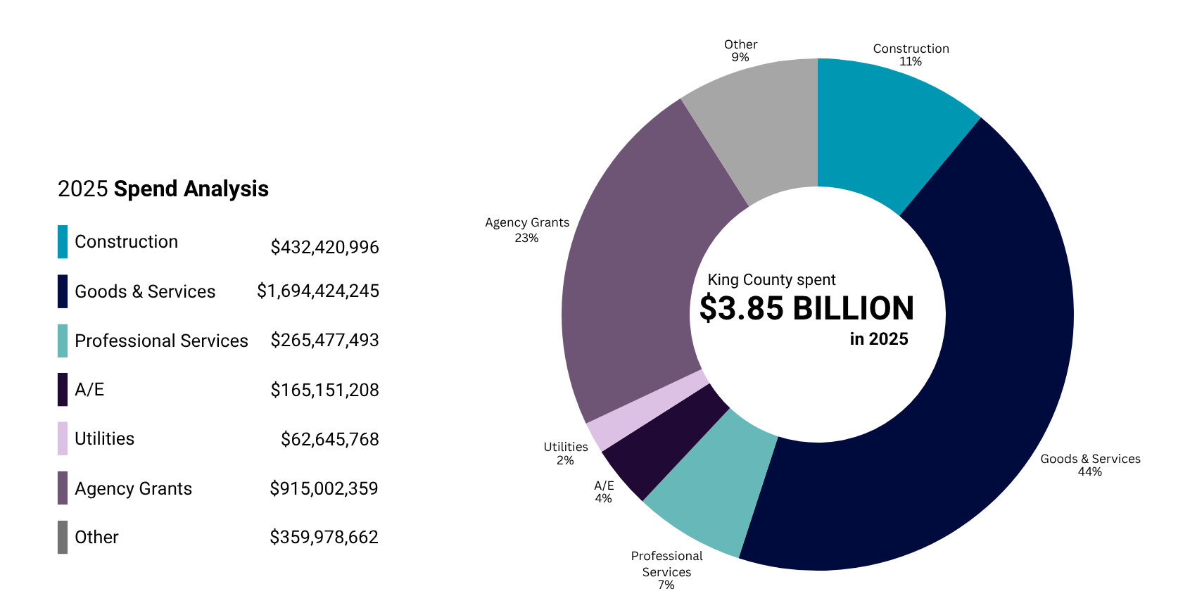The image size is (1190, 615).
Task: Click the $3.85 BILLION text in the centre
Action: [806, 309]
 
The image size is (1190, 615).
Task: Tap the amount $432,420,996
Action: [324, 247]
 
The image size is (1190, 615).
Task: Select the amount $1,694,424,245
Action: [317, 291]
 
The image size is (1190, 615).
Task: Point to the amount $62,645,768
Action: [329, 439]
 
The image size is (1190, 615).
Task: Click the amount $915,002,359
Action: [324, 488]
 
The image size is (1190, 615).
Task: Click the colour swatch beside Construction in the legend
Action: [63, 241]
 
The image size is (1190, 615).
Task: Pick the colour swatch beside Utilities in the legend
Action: [63, 438]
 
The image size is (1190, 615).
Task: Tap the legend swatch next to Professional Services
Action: [63, 341]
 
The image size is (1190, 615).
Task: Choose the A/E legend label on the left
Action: [89, 389]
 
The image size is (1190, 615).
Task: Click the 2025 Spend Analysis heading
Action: [163, 189]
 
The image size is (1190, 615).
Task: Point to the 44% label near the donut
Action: [1089, 471]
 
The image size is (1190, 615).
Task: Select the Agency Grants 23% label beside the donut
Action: [527, 230]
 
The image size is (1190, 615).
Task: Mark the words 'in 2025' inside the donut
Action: [879, 339]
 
